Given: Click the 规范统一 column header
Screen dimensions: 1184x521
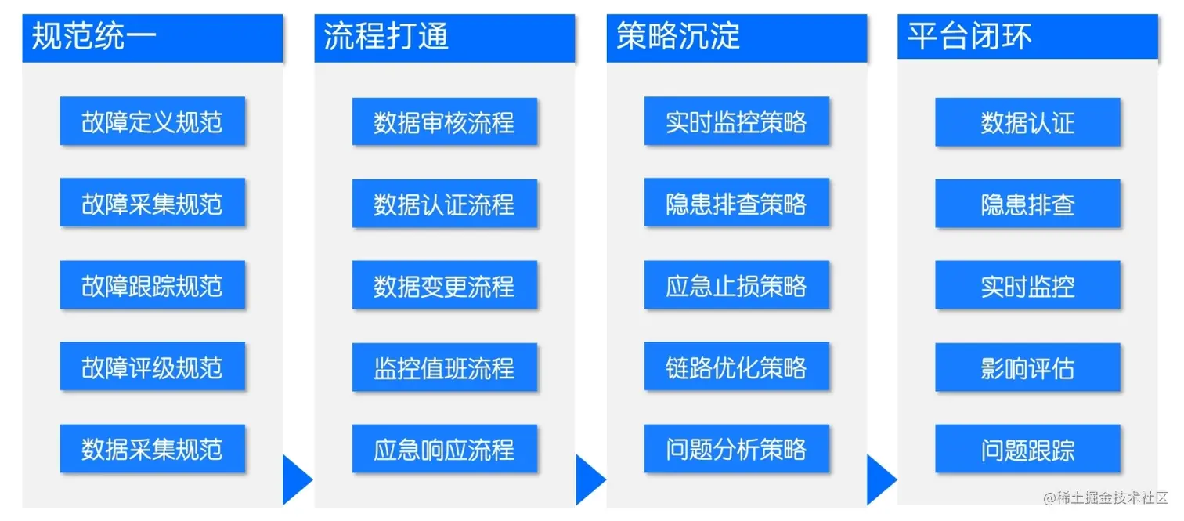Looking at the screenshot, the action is pos(152,38).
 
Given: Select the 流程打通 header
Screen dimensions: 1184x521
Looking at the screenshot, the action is pos(444,38).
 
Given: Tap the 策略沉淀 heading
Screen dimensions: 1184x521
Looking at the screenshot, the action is pos(736,38).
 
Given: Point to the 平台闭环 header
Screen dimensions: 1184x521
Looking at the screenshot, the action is pos(1027,38).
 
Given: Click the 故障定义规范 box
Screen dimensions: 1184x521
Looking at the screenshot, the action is pos(152,121).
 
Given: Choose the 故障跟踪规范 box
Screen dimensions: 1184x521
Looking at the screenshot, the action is pos(152,285).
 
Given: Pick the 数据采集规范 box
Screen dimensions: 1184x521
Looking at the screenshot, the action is pos(152,449).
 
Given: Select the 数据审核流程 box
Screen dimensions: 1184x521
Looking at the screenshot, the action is pos(444,122).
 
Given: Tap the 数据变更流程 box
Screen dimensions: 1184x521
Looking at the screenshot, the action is pos(444,285).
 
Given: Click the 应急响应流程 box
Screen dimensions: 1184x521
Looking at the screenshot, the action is pos(444,449).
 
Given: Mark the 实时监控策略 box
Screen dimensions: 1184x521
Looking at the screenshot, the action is pos(736,121).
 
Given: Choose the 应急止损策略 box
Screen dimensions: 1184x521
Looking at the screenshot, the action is pos(736,285).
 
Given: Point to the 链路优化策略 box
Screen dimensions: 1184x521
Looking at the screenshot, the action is pos(736,367).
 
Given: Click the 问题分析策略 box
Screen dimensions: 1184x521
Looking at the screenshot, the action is pos(736,449).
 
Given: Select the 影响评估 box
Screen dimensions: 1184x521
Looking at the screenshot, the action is pos(1027,367).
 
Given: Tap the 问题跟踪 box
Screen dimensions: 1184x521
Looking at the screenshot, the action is pos(1027,449).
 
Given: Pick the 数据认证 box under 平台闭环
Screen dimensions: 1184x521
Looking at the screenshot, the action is pos(1027,122).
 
